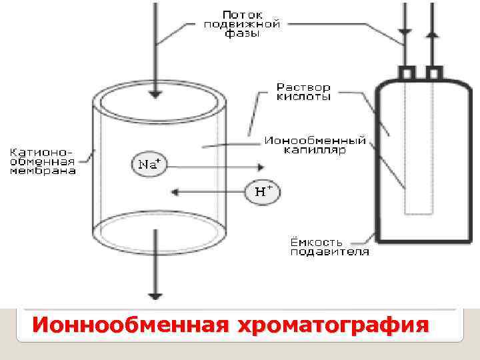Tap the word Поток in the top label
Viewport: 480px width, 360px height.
click(243, 13)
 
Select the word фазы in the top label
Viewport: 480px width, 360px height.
click(241, 33)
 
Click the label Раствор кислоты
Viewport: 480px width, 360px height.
click(303, 91)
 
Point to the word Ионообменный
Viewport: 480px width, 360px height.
click(315, 141)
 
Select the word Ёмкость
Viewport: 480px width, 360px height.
click(317, 241)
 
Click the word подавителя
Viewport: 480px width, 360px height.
click(329, 251)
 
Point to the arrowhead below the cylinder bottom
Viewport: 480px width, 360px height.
click(155, 295)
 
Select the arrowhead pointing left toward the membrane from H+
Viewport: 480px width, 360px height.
click(174, 192)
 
